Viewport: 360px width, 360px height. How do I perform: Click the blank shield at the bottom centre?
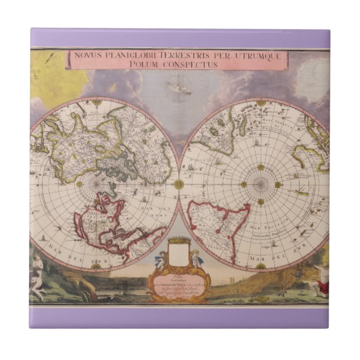tap(178, 255)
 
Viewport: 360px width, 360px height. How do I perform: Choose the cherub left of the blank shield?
tap(162, 259)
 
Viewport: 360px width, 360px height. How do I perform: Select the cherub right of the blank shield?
tap(196, 258)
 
